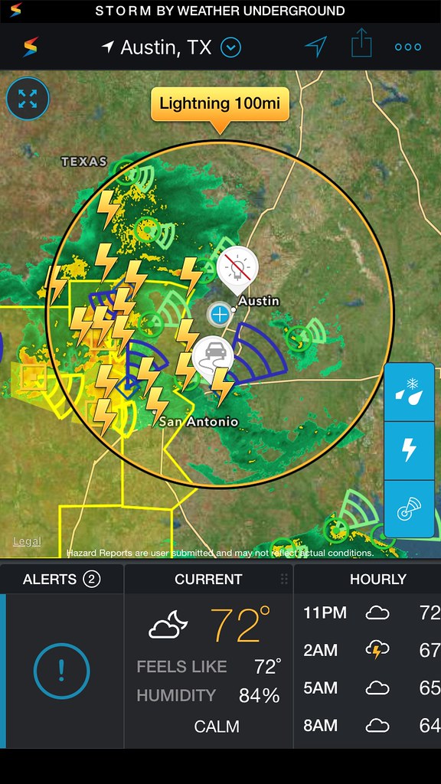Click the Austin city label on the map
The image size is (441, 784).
tap(259, 301)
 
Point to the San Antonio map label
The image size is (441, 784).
tap(199, 421)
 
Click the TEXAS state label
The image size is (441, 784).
tap(84, 162)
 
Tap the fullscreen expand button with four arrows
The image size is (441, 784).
tap(28, 98)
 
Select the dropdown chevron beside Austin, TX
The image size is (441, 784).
tap(230, 47)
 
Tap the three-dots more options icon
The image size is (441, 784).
tap(408, 47)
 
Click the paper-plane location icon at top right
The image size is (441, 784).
tap(315, 47)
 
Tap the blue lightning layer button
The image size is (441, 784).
tap(410, 450)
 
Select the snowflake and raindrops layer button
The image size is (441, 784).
tap(410, 391)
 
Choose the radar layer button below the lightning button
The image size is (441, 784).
tap(410, 508)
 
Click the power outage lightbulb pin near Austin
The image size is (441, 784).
tap(237, 268)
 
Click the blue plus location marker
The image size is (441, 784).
tap(220, 313)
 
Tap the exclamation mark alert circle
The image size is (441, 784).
tap(61, 671)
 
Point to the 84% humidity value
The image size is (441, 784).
tap(258, 695)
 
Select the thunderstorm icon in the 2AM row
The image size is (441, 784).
tap(376, 650)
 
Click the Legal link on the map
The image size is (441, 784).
tap(27, 541)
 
